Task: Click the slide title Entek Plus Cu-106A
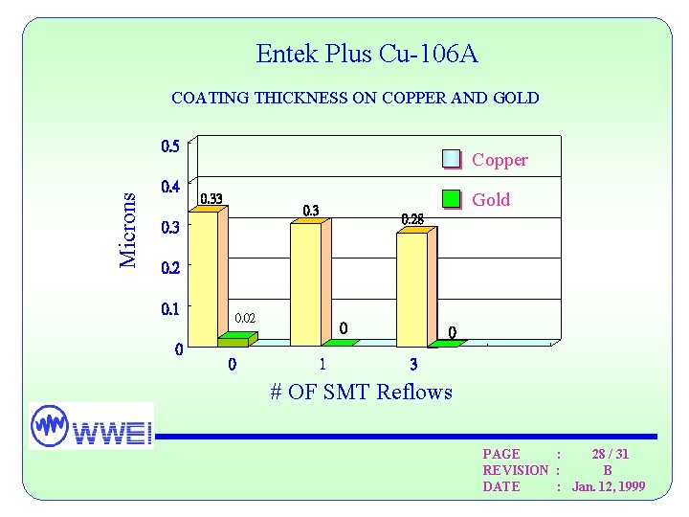click(367, 55)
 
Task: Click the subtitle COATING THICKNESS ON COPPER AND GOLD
click(354, 98)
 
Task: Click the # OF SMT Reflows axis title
click(361, 392)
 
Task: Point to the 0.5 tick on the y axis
click(169, 146)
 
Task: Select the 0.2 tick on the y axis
click(169, 268)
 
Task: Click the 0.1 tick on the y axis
click(169, 309)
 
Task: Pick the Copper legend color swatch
click(451, 160)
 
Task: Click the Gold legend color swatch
click(451, 199)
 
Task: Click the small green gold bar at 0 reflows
click(235, 339)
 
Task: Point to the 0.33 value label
click(211, 199)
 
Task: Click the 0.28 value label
click(412, 219)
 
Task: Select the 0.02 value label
click(246, 317)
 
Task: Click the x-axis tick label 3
click(413, 365)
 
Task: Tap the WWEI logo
click(91, 426)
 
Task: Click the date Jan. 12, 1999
click(609, 486)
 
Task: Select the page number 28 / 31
click(610, 454)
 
